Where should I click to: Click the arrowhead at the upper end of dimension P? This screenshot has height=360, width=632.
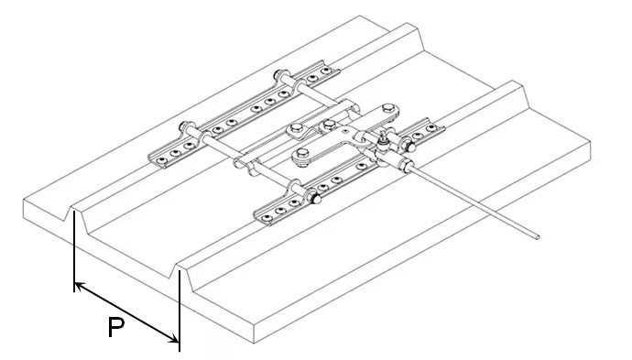[79, 286]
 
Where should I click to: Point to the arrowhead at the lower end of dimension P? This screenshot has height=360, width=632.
[173, 338]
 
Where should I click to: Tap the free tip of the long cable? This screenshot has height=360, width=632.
[538, 237]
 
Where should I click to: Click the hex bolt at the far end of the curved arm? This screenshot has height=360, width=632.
[388, 108]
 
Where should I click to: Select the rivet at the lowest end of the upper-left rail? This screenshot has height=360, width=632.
[161, 161]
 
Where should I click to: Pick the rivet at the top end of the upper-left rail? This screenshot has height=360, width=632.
[325, 71]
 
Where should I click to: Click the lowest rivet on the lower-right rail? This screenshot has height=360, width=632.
[266, 219]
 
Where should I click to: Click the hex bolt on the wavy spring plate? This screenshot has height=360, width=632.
[296, 128]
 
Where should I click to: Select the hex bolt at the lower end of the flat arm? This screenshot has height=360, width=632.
[302, 153]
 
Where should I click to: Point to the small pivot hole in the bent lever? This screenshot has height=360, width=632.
[345, 131]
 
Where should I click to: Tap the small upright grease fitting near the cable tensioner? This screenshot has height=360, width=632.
[382, 139]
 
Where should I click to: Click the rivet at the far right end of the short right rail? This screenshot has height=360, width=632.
[430, 128]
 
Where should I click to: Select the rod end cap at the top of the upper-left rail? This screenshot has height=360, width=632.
[278, 75]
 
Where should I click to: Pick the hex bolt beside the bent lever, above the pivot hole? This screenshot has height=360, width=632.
[329, 125]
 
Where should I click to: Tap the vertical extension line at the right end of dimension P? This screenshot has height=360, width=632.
[180, 311]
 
